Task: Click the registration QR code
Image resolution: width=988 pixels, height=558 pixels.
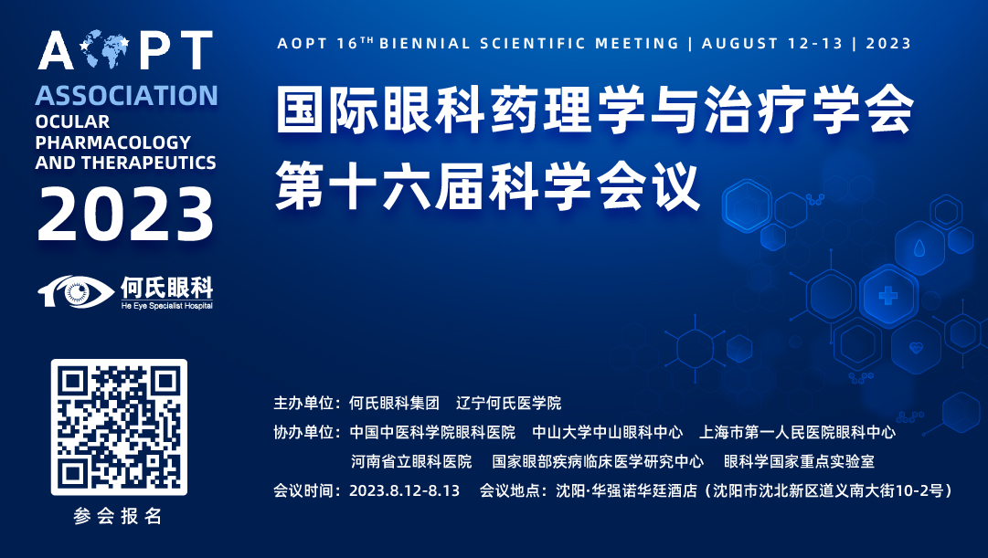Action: pos(119,427)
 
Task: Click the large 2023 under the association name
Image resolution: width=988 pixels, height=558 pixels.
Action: pos(125,214)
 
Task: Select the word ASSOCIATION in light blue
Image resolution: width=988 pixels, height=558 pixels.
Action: pos(127,96)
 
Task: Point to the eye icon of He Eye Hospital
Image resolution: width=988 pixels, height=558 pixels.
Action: pos(76,291)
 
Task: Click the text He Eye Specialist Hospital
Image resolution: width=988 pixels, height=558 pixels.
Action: pos(167,305)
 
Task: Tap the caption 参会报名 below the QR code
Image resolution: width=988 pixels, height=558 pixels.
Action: pos(118,516)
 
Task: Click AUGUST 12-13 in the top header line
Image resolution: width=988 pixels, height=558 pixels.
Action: pos(772,44)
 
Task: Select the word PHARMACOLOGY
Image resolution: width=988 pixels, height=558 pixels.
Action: pos(112,142)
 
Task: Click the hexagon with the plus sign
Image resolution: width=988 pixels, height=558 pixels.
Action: pos(888,295)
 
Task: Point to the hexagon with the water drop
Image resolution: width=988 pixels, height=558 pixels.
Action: pos(919,247)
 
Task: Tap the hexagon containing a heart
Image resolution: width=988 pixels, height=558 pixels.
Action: pos(916,347)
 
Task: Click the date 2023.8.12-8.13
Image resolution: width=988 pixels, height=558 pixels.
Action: pos(405,490)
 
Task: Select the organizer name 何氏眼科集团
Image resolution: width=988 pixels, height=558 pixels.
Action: pos(395,403)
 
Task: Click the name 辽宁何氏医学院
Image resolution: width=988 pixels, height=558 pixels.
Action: pos(508,403)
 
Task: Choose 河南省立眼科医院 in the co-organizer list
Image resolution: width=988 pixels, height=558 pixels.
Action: pos(410,461)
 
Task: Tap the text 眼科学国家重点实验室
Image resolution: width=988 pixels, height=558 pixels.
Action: pos(799,461)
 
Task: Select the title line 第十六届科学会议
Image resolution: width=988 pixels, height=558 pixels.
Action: pos(488,185)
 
